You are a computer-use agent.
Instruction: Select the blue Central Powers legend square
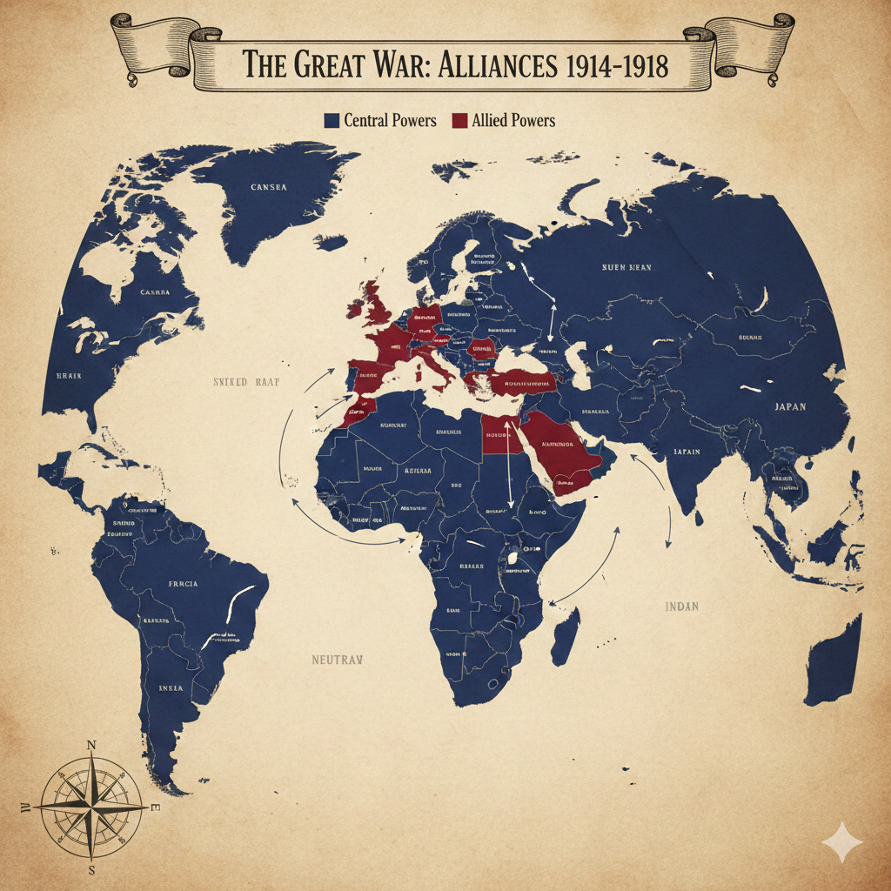pyautogui.click(x=332, y=121)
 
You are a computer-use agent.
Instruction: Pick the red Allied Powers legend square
pyautogui.click(x=459, y=121)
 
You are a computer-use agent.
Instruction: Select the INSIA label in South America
pyautogui.click(x=171, y=687)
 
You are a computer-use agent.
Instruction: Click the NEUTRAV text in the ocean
pyautogui.click(x=336, y=660)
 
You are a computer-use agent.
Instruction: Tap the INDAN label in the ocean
pyautogui.click(x=681, y=606)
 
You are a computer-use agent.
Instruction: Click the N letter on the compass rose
pyautogui.click(x=91, y=746)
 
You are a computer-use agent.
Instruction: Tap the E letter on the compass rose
pyautogui.click(x=155, y=808)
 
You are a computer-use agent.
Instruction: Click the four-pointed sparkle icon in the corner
pyautogui.click(x=842, y=842)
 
